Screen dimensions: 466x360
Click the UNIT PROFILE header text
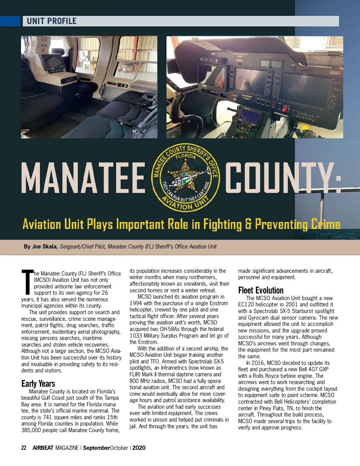pos(52,21)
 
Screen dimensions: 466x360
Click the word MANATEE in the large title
pos(83,178)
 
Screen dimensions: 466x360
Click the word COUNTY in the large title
pos(282,178)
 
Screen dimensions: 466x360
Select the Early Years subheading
pos(38,383)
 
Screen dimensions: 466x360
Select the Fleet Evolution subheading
pos(261,290)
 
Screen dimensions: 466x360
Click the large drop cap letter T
pos(27,282)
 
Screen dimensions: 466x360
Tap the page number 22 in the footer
pos(24,448)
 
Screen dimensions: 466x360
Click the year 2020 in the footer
pos(139,448)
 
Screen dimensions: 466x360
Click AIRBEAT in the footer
pos(43,448)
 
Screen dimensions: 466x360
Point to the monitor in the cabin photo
pos(52,63)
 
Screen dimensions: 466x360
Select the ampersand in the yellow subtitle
pos(248,224)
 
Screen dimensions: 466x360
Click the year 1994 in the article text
pos(136,303)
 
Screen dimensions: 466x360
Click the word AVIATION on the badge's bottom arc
pos(177,204)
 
